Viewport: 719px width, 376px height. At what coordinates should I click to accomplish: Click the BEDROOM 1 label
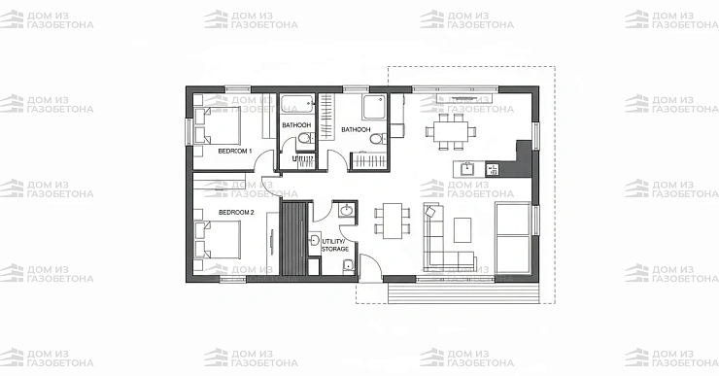(235, 151)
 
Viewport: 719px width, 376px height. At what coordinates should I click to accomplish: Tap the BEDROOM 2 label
(236, 213)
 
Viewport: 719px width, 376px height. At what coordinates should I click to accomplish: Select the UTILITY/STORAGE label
(335, 245)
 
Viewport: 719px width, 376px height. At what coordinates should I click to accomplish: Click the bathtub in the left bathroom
(297, 105)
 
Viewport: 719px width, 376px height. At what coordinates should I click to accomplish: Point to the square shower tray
(375, 107)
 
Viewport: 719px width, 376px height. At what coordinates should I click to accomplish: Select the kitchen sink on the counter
(467, 169)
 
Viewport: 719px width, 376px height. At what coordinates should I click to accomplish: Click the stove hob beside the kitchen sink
(493, 170)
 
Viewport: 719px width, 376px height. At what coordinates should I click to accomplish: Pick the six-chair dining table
(451, 131)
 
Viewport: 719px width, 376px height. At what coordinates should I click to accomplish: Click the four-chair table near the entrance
(393, 221)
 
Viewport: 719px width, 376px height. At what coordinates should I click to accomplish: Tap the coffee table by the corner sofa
(462, 229)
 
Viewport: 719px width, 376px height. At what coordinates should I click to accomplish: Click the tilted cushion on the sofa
(430, 212)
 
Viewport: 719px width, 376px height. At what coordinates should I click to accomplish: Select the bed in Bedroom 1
(217, 125)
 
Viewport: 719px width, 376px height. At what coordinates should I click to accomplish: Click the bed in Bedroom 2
(217, 239)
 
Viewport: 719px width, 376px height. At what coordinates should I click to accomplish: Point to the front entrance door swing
(370, 266)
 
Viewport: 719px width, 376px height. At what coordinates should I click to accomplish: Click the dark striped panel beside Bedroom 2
(293, 238)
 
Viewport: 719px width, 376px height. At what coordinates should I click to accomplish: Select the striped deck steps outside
(463, 292)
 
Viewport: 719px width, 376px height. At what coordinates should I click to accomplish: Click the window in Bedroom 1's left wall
(188, 131)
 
